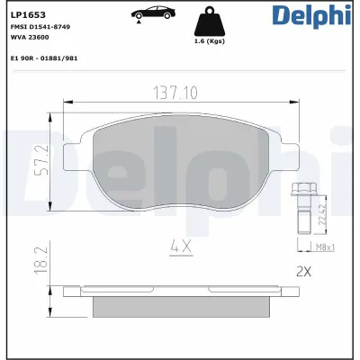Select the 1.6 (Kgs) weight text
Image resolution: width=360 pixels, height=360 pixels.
click(x=209, y=40)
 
